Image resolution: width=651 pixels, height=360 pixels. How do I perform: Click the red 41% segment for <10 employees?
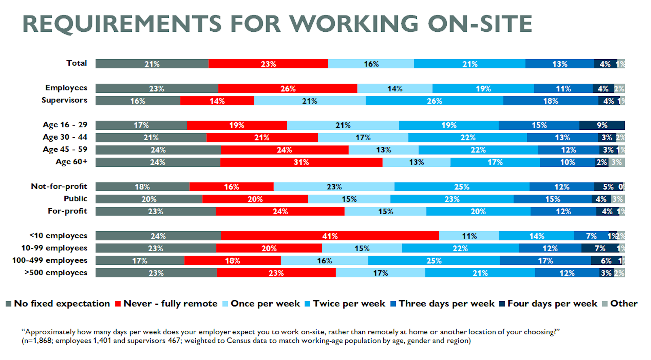(x=330, y=236)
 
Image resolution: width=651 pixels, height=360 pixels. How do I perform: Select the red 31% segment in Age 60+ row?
(x=301, y=162)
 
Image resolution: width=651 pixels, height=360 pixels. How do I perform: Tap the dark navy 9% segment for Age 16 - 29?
(x=602, y=125)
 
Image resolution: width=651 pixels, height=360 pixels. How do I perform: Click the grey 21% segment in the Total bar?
(x=152, y=64)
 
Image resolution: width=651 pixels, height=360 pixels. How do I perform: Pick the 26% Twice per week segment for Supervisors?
(x=434, y=101)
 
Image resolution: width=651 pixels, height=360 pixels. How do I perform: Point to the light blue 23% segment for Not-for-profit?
(x=334, y=187)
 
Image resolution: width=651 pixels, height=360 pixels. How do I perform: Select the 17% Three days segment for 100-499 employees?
(x=545, y=261)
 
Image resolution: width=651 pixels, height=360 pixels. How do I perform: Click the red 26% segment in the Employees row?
(x=288, y=89)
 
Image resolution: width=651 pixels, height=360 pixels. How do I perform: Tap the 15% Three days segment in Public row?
(x=553, y=199)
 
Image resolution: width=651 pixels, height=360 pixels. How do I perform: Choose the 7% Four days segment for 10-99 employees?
(x=600, y=248)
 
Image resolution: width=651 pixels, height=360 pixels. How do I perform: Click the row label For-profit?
(x=67, y=211)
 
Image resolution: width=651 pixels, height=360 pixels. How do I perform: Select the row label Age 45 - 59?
(x=65, y=150)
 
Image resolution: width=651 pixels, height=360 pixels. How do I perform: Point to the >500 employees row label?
(x=56, y=273)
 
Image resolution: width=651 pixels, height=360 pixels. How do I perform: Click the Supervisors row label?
(x=64, y=100)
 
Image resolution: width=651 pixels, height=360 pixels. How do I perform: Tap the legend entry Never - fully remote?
(x=170, y=304)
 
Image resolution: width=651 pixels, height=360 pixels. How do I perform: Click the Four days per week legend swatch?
(x=502, y=304)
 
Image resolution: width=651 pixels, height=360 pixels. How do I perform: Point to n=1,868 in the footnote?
(x=38, y=341)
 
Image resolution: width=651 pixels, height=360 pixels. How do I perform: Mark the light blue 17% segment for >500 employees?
(x=380, y=273)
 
